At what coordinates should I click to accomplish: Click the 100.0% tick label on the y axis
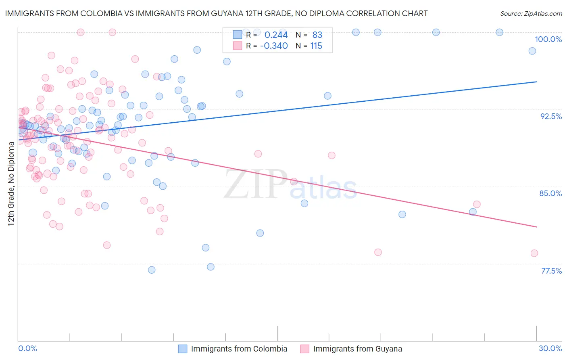pos(548,39)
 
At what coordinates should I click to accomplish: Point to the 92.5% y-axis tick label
pos(551,116)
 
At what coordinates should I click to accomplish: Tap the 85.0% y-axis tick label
pos(550,193)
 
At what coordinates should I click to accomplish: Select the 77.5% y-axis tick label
pos(551,271)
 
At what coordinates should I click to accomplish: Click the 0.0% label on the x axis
pos(27,348)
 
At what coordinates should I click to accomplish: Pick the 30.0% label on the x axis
pos(550,348)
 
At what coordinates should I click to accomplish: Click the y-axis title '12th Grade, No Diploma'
pos(11,184)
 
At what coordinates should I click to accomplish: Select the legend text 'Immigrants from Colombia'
pos(239,349)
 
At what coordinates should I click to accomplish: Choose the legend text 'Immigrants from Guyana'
pos(357,349)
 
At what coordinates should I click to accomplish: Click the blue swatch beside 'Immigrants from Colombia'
pos(183,349)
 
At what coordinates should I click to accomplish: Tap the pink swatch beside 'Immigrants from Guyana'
pos(304,349)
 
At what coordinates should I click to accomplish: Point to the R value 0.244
pos(276,35)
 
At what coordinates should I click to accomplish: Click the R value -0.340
pos(274,46)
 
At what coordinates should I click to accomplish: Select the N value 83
pos(317,35)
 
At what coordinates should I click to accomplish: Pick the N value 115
pos(316,46)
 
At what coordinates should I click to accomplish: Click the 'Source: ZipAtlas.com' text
pos(531,14)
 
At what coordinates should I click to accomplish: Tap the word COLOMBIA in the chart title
pos(99,13)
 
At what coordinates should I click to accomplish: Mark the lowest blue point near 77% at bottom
pos(152,270)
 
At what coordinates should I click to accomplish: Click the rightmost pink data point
pos(534,253)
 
